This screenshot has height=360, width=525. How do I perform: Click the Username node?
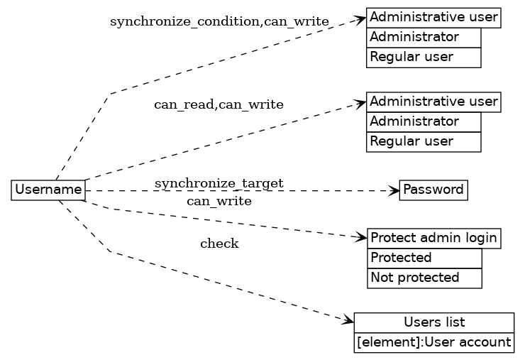click(48, 190)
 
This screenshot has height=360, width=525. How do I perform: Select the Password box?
click(433, 190)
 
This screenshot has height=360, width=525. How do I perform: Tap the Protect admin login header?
click(434, 239)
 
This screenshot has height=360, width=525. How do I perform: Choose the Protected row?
click(424, 258)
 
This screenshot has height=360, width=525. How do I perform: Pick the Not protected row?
click(424, 278)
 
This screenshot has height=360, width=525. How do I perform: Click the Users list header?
click(434, 322)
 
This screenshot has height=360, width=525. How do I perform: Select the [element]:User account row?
click(434, 342)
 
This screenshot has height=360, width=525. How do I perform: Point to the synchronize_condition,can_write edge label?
click(219, 22)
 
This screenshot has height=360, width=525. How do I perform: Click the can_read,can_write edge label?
click(219, 105)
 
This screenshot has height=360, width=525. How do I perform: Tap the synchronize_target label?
click(219, 184)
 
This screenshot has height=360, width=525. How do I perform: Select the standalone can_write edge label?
click(219, 201)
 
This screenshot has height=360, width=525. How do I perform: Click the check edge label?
click(219, 244)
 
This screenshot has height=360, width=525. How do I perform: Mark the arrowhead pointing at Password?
click(394, 190)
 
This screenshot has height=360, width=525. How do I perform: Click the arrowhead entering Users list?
click(348, 322)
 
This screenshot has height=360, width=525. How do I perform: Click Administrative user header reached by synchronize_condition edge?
click(434, 17)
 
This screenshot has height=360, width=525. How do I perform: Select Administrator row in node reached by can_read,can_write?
click(424, 122)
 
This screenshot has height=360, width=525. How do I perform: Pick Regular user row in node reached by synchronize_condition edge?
click(424, 57)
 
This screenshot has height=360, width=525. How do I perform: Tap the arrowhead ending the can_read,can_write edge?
click(361, 104)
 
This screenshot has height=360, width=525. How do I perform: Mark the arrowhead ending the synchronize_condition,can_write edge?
click(361, 19)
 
